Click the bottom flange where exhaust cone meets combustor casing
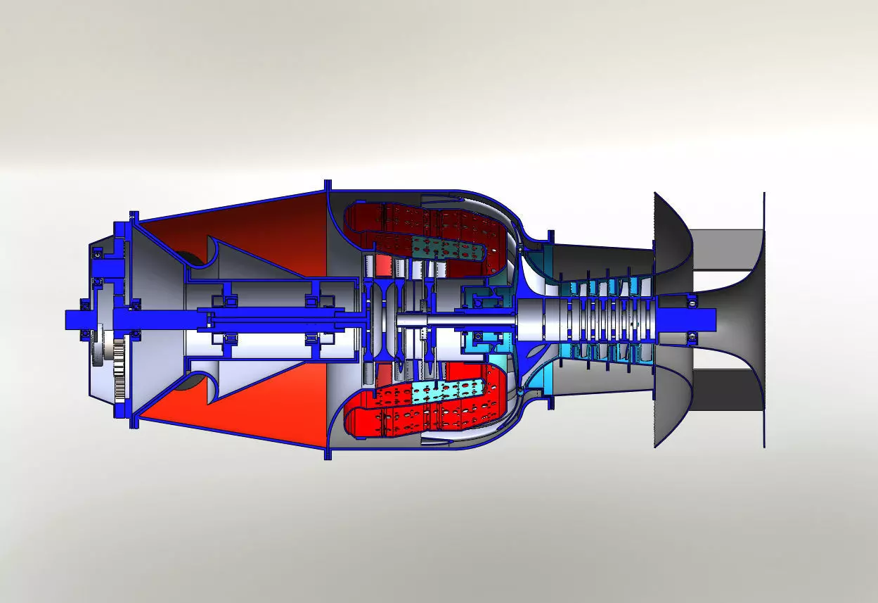[328, 454]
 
